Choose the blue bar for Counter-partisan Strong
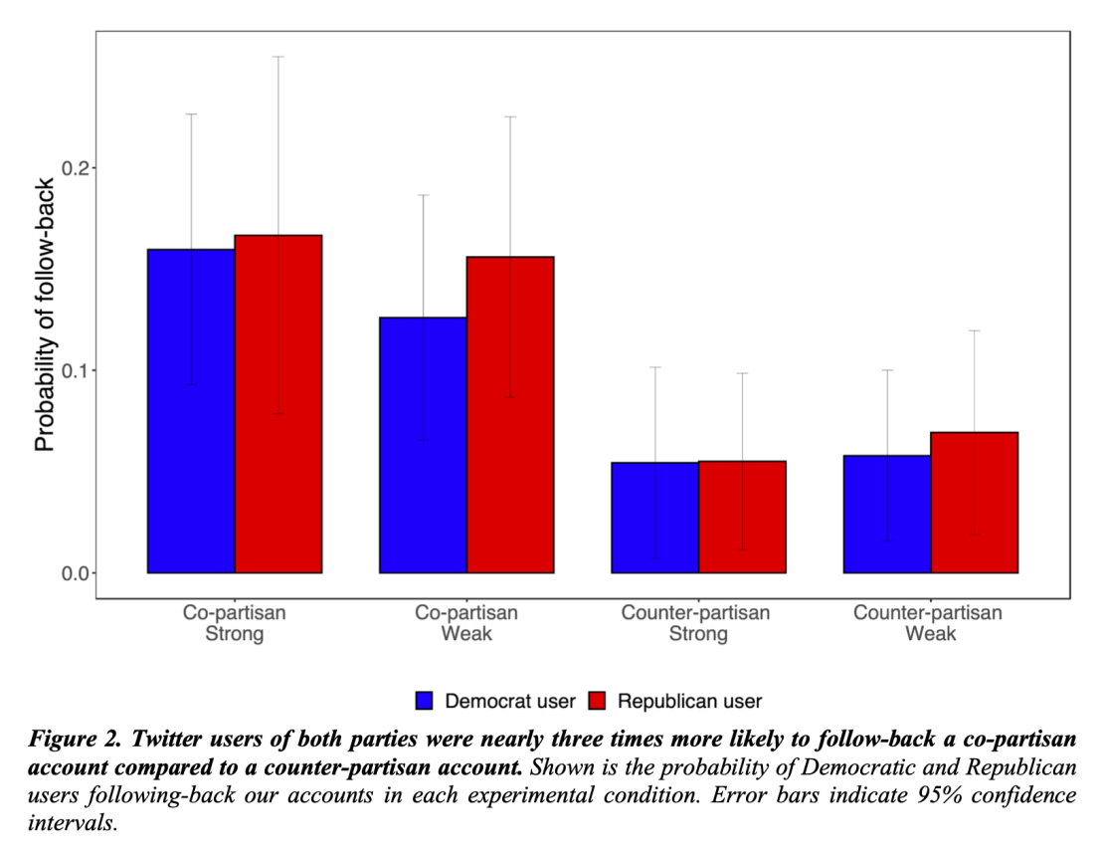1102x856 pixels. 654,518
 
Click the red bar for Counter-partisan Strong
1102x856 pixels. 742,517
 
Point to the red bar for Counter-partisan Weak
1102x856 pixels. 975,503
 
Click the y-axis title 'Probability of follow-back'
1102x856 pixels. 44,315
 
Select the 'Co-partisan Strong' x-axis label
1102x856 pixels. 235,623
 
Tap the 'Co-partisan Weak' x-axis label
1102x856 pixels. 466,623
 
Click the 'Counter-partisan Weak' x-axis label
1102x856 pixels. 929,623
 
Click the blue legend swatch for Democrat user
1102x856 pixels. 425,701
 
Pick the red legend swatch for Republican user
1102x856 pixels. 598,701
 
